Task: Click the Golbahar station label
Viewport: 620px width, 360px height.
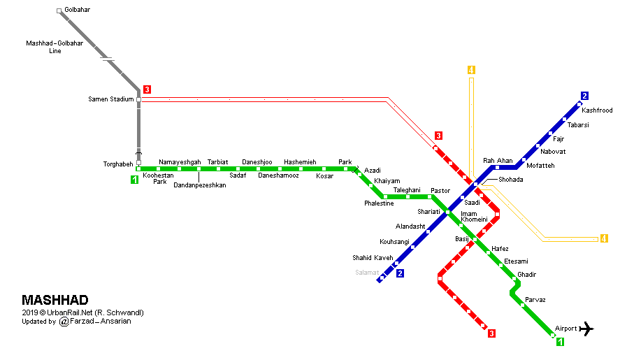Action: point(77,10)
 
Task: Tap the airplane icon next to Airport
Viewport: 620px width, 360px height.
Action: point(586,329)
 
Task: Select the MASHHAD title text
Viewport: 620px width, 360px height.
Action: point(55,300)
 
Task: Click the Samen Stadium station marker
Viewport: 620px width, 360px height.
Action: point(139,100)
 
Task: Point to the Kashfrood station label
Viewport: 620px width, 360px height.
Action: point(597,110)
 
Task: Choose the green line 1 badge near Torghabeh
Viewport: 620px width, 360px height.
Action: point(134,180)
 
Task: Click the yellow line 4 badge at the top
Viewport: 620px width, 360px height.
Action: point(471,70)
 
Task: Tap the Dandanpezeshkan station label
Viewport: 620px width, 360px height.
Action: point(200,185)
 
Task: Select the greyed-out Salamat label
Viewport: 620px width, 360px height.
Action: point(367,272)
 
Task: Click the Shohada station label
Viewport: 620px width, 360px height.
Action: point(510,179)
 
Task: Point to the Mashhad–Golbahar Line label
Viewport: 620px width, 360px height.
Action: point(55,47)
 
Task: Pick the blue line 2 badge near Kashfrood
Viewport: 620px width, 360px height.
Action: point(584,96)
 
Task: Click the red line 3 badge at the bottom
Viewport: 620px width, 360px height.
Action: point(491,333)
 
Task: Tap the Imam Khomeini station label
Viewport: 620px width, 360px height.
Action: point(474,217)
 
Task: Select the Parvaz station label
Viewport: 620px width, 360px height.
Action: point(535,299)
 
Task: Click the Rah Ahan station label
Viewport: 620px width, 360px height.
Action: point(498,160)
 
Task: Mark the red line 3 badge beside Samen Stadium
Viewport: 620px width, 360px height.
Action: point(147,89)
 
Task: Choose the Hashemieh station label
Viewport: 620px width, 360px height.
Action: point(300,161)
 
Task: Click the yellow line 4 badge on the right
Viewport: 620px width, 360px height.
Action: point(604,238)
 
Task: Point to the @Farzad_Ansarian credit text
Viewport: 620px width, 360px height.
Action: point(95,322)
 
